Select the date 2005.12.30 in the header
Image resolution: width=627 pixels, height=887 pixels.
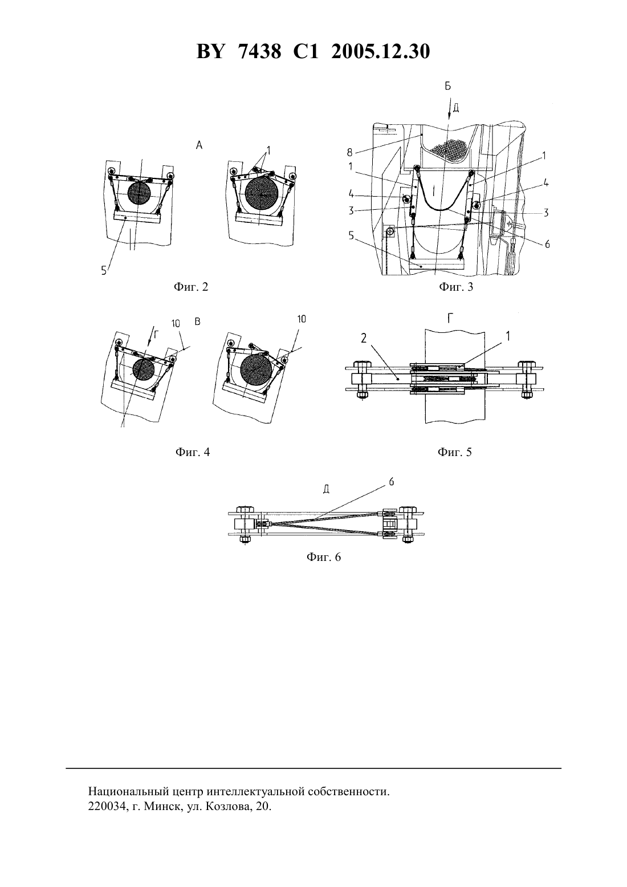click(380, 52)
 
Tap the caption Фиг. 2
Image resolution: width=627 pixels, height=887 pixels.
click(191, 287)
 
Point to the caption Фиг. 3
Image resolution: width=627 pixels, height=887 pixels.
click(456, 287)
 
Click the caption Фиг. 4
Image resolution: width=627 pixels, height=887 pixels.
click(193, 452)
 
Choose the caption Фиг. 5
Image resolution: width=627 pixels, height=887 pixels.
click(455, 452)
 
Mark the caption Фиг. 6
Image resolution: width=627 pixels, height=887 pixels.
click(323, 557)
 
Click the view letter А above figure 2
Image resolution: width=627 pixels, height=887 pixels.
click(199, 146)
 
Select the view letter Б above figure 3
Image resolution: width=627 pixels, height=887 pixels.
click(447, 86)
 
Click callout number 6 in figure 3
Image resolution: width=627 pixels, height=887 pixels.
click(547, 245)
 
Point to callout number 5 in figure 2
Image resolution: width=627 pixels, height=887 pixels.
click(104, 271)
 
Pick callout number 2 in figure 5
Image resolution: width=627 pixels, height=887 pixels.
click(364, 337)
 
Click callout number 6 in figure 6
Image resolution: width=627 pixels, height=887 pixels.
click(392, 482)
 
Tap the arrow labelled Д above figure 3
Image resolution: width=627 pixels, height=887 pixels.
click(449, 106)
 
